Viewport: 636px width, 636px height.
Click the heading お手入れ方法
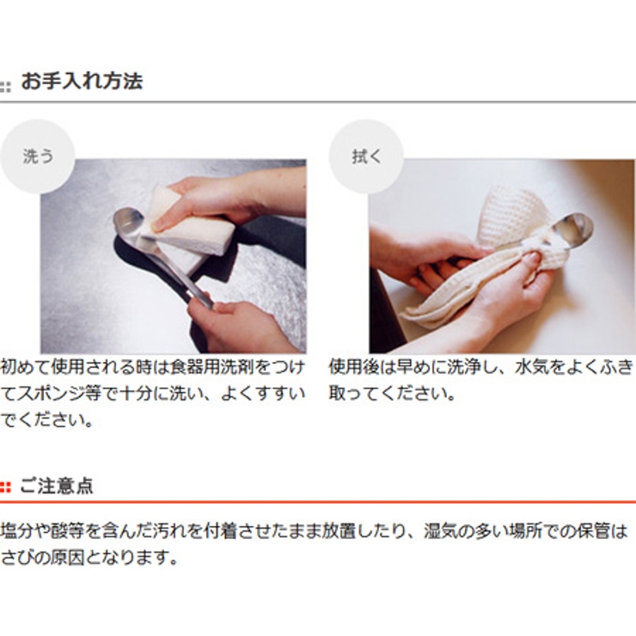(x=82, y=81)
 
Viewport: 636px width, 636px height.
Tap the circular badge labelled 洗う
(x=38, y=156)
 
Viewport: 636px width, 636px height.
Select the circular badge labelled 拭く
(x=366, y=156)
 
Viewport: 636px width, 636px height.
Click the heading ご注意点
(x=57, y=486)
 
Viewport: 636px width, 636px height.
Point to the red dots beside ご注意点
(x=5, y=487)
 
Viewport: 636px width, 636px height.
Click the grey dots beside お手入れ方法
(x=5, y=87)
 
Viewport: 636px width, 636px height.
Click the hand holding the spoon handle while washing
(x=239, y=326)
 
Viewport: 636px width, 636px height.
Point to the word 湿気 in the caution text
(x=439, y=531)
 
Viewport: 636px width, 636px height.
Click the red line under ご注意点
(x=318, y=502)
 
